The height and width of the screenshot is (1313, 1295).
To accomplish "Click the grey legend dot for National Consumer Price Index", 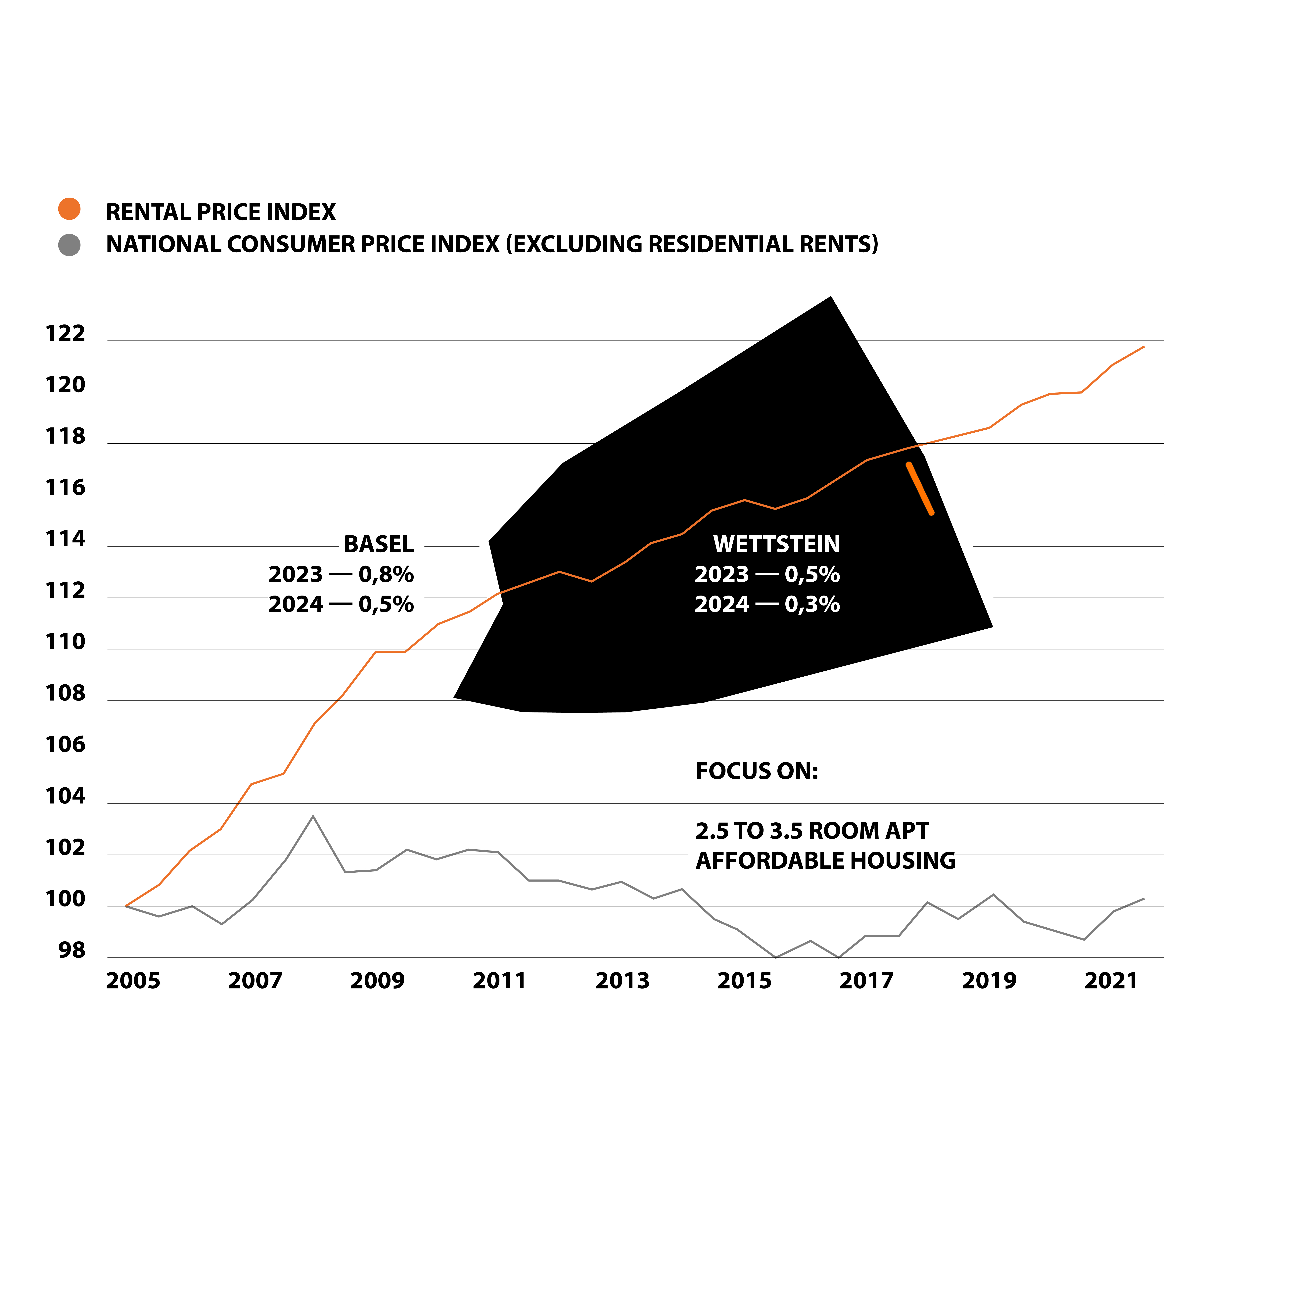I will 69,245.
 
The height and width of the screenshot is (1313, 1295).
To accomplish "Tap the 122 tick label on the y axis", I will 65,334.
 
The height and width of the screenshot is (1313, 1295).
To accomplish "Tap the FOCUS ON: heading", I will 756,771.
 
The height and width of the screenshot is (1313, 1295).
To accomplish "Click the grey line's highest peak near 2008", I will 312,816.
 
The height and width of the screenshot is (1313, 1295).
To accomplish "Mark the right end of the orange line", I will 1143,347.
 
